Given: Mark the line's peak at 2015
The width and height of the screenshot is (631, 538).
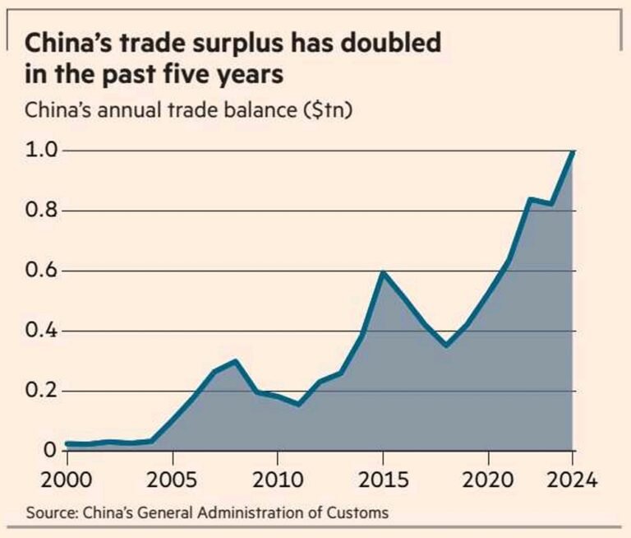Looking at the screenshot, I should click(383, 271).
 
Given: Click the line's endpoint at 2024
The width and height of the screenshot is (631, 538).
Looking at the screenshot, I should click(573, 152).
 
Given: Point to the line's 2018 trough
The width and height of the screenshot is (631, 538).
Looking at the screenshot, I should click(446, 346).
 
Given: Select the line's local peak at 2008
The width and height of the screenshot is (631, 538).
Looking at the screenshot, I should click(234, 361).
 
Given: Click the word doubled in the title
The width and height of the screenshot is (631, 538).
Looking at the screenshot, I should click(385, 42).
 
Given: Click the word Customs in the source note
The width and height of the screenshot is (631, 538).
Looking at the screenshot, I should click(358, 513).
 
